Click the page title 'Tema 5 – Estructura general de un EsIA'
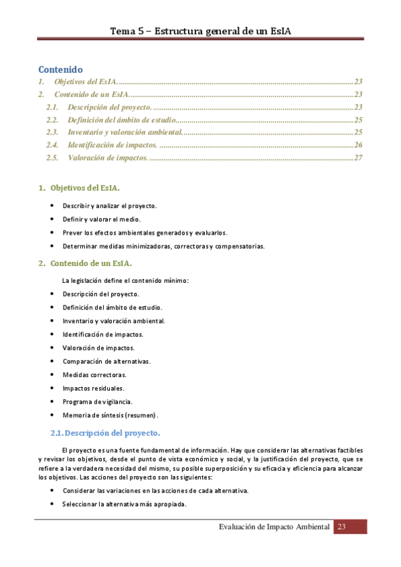(x=200, y=31)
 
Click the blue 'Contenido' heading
(x=60, y=69)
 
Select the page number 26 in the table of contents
(x=358, y=145)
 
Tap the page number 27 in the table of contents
(x=358, y=158)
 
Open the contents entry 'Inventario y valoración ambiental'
(x=125, y=132)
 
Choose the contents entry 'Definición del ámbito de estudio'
(x=122, y=120)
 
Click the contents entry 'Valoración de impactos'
(x=108, y=158)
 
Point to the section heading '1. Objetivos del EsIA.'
(x=80, y=189)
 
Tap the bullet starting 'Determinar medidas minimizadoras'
(x=164, y=246)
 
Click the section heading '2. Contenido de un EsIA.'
(x=85, y=263)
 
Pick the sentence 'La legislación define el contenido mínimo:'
(x=125, y=280)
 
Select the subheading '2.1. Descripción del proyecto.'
(x=106, y=433)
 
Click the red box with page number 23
(x=351, y=527)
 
